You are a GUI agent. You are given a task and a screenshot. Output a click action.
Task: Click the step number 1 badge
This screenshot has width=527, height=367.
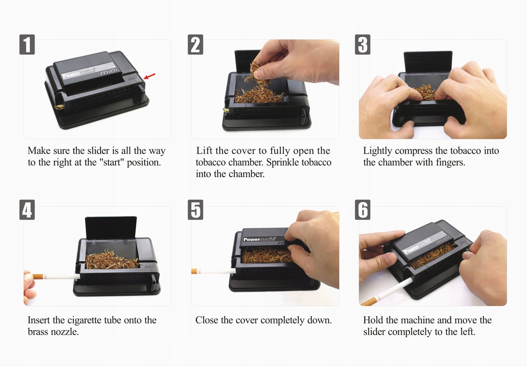[27, 44]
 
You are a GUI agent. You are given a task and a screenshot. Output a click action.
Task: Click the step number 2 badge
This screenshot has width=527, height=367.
[195, 44]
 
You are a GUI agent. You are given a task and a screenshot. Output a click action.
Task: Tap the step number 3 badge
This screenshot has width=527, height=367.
[363, 44]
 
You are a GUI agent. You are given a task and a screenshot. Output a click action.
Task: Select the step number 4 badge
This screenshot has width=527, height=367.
[27, 210]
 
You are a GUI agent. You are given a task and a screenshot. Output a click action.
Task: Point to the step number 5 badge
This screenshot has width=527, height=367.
[195, 210]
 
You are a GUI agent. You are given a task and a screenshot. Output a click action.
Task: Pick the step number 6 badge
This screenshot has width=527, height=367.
[363, 210]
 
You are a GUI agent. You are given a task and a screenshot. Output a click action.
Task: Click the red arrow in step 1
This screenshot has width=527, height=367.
[150, 76]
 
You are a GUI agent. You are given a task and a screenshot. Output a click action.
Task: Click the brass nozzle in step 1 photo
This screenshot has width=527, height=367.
[59, 107]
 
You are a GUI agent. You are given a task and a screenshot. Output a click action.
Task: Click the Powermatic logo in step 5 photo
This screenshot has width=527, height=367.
[259, 240]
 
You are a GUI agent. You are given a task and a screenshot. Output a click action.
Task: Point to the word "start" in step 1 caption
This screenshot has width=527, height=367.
[111, 163]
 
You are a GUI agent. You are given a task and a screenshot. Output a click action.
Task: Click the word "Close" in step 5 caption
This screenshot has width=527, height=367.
[206, 320]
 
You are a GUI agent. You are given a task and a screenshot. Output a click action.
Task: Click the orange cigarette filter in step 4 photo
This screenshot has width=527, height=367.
[38, 277]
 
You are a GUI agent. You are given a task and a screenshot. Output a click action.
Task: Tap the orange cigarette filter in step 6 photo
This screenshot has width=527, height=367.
[369, 301]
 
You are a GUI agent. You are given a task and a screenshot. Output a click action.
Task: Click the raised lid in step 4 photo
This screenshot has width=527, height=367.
[111, 228]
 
